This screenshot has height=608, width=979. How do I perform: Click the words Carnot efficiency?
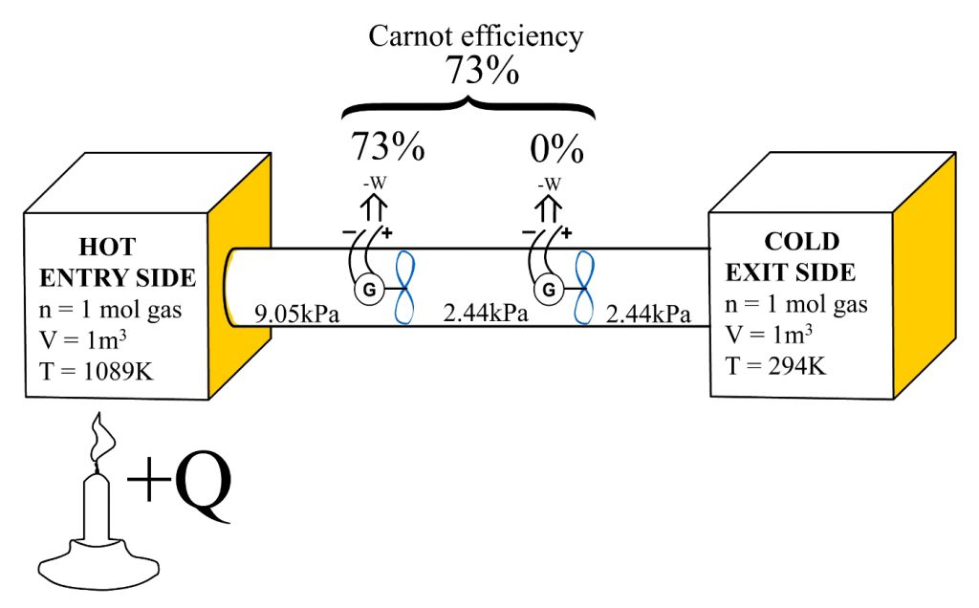(x=476, y=36)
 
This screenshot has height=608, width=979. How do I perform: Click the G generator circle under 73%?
(x=364, y=287)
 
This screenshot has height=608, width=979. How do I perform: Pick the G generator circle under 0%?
(x=548, y=287)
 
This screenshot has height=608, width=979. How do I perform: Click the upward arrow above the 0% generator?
(x=548, y=206)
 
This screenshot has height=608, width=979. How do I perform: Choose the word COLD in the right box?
(x=801, y=240)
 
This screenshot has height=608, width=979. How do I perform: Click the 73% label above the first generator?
(x=388, y=148)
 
